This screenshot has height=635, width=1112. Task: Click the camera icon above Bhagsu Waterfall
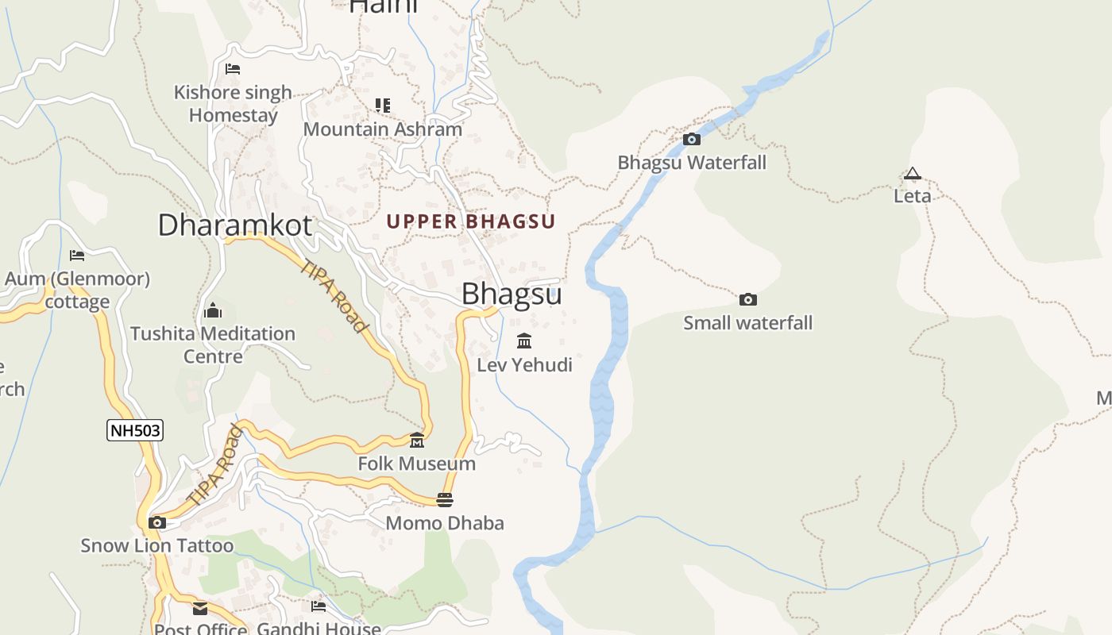click(692, 140)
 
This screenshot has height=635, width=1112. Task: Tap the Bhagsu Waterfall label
click(692, 163)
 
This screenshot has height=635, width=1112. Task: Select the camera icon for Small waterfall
click(747, 300)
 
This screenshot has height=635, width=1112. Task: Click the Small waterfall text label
click(747, 323)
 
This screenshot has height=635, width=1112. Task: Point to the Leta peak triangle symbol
click(912, 174)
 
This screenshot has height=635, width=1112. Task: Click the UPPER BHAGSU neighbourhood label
click(471, 221)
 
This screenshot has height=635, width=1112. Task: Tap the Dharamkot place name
click(234, 225)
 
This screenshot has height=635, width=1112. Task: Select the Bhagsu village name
click(512, 294)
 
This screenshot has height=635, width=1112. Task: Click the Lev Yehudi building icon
click(524, 341)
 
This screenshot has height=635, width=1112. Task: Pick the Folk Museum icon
click(417, 441)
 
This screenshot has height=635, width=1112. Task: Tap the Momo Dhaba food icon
click(445, 500)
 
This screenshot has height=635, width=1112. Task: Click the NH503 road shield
click(135, 431)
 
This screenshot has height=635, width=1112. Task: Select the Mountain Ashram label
click(382, 129)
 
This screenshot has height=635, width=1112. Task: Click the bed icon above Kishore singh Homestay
click(233, 69)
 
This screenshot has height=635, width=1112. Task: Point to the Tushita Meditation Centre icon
click(213, 310)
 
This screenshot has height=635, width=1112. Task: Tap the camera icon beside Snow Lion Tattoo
click(157, 522)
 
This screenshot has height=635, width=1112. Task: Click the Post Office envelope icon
click(200, 609)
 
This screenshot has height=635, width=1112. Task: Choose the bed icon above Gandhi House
click(319, 606)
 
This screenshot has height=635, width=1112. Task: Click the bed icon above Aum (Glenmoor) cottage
click(77, 256)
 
